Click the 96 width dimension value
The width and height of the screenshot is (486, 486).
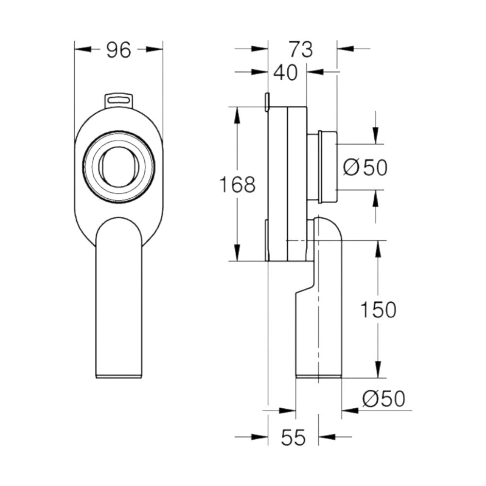click(119, 50)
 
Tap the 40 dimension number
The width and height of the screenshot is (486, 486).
click(285, 73)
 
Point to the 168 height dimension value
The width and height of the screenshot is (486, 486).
click(237, 185)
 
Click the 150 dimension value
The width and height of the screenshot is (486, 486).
click(378, 310)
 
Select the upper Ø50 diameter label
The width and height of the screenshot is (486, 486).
click(365, 168)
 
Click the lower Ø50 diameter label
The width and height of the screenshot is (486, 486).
click(383, 399)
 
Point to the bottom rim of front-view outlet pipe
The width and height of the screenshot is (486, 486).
click(119, 375)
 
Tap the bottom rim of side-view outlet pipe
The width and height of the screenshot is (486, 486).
click(319, 375)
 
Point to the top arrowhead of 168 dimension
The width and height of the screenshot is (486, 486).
click(237, 114)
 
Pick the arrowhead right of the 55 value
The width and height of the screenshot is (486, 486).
click(326, 437)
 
